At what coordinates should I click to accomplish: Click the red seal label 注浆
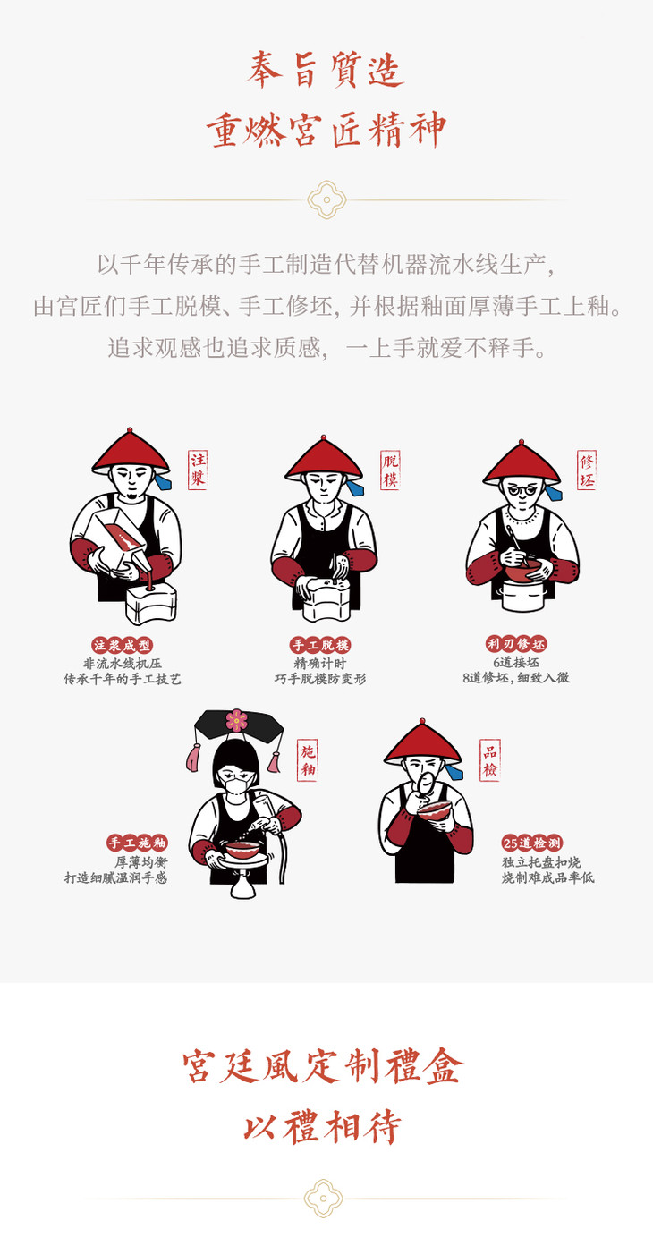[x=198, y=470]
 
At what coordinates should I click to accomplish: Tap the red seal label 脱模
[x=391, y=470]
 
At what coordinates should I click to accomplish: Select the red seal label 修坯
[x=586, y=470]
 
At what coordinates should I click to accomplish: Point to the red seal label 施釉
[x=307, y=760]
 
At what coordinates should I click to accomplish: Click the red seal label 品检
[x=490, y=759]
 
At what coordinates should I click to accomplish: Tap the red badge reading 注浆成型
[x=123, y=645]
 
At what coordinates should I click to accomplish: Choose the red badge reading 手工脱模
[x=320, y=645]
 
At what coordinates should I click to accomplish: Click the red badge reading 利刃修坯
[x=516, y=644]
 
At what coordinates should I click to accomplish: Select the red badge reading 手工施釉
[x=138, y=843]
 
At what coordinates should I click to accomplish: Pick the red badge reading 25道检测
[x=532, y=843]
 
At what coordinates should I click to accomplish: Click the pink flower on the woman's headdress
[x=236, y=720]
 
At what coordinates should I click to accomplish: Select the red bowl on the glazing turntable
[x=242, y=850]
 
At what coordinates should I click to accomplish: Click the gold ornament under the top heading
[x=326, y=199]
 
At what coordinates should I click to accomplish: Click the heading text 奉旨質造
[x=326, y=70]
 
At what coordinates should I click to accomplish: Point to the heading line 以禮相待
[x=323, y=1127]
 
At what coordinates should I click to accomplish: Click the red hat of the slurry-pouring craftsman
[x=131, y=452]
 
